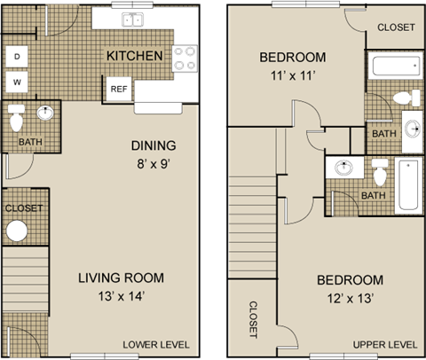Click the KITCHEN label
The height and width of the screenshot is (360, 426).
click(134, 56)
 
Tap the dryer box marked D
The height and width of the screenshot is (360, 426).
click(16, 57)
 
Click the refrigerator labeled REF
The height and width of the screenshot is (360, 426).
click(118, 89)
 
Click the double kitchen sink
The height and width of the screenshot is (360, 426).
click(131, 20)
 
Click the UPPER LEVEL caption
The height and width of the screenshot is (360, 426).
click(384, 344)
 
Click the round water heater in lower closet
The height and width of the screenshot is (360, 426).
click(18, 231)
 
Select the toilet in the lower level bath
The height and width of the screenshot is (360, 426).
click(16, 117)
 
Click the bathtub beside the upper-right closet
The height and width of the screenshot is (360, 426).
click(394, 66)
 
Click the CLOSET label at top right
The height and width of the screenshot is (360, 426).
click(395, 27)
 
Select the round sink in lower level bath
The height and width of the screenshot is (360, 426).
click(44, 113)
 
